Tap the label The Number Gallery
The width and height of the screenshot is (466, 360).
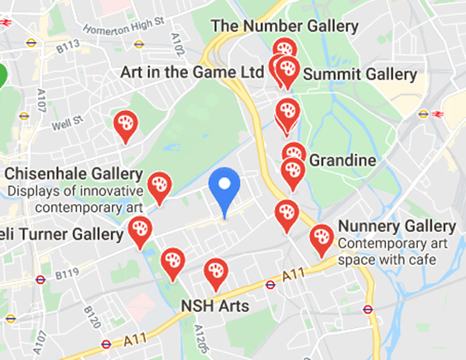(284, 26)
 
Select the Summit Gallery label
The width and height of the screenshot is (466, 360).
(360, 74)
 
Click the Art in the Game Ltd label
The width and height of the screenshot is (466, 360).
(193, 72)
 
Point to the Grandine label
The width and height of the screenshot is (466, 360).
(343, 161)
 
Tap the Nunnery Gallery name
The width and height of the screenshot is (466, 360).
(396, 227)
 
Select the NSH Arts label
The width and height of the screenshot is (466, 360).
(214, 306)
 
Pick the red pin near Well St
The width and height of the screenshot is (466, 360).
(124, 124)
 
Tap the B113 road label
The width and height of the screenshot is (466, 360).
(68, 47)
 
